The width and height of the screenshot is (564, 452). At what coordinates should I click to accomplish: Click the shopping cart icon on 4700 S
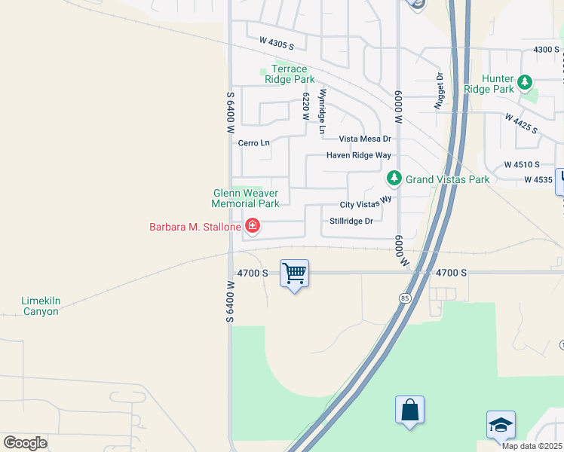click(x=294, y=273)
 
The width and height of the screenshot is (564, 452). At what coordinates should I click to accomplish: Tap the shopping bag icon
click(x=409, y=411)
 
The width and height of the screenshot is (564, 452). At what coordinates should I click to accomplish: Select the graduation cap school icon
click(x=501, y=426)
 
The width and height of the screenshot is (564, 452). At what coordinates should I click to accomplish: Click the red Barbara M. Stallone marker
click(x=252, y=226)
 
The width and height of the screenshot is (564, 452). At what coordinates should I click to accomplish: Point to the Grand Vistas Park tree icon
click(x=393, y=179)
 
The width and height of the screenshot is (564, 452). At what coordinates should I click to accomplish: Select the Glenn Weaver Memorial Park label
click(x=245, y=198)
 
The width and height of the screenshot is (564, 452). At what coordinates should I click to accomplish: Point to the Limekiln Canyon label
click(x=40, y=306)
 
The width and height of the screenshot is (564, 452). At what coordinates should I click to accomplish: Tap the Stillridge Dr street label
click(x=351, y=221)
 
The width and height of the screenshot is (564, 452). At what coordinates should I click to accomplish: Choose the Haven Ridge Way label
click(x=359, y=155)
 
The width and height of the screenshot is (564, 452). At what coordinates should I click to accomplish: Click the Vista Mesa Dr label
click(x=365, y=139)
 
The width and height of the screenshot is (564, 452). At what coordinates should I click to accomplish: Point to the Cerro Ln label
click(x=253, y=143)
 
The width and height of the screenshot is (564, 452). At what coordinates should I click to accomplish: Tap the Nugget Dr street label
click(x=439, y=92)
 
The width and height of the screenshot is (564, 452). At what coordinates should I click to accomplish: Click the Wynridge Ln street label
click(x=322, y=112)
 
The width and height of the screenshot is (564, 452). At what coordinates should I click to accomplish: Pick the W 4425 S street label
click(x=521, y=124)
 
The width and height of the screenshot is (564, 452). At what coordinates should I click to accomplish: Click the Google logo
click(x=25, y=442)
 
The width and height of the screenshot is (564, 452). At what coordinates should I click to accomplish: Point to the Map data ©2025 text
click(x=532, y=446)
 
